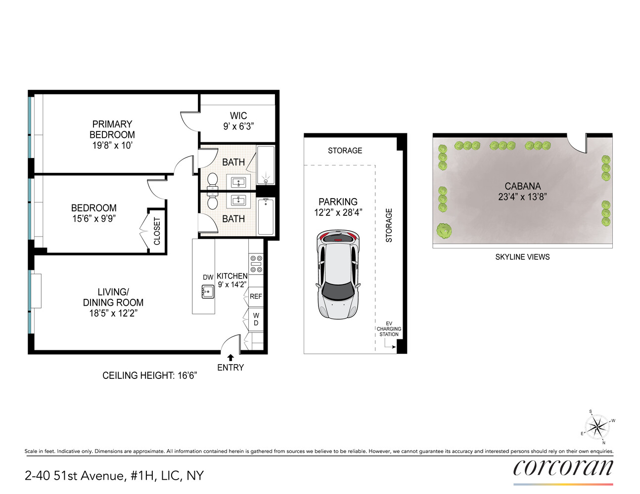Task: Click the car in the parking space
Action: (338, 275)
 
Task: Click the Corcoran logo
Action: (563, 468)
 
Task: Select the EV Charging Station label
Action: (389, 329)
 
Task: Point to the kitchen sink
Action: (208, 292)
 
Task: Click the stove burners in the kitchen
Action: (256, 264)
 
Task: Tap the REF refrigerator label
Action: (256, 296)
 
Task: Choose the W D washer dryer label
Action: (256, 319)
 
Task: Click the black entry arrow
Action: (230, 358)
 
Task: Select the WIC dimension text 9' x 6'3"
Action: (238, 126)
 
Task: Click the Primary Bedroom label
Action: (112, 129)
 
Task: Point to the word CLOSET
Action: (157, 231)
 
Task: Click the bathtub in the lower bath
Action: (266, 216)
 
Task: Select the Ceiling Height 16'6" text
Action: (149, 375)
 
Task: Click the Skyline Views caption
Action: (522, 257)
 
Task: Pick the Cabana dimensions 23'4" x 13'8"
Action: (522, 197)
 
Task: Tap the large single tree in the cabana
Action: (444, 230)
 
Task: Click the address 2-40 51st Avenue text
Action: (114, 476)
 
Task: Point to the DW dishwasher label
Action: (208, 278)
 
